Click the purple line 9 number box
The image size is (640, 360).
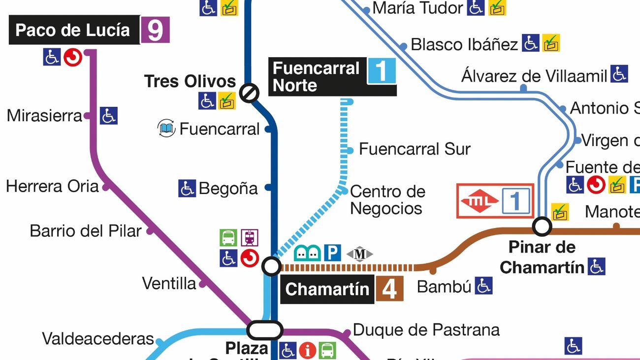[155, 30]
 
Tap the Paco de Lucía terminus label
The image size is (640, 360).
[73, 31]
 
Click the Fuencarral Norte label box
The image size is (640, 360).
[317, 77]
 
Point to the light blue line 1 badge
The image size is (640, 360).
[382, 70]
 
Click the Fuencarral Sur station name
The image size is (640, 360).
[415, 149]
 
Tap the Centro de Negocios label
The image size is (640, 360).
[387, 199]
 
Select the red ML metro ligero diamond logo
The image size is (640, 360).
[480, 201]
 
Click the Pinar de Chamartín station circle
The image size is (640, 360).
[542, 227]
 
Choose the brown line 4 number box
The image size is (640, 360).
[389, 289]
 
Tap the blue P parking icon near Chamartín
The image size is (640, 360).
[332, 253]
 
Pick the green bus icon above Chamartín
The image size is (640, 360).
[228, 238]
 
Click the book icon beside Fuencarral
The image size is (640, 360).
[166, 129]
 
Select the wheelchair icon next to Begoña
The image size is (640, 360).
[187, 188]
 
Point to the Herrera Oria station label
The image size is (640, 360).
[52, 187]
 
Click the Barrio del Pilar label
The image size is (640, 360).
[86, 230]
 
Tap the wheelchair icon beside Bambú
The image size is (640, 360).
[483, 286]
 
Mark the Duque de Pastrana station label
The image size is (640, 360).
[426, 329]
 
